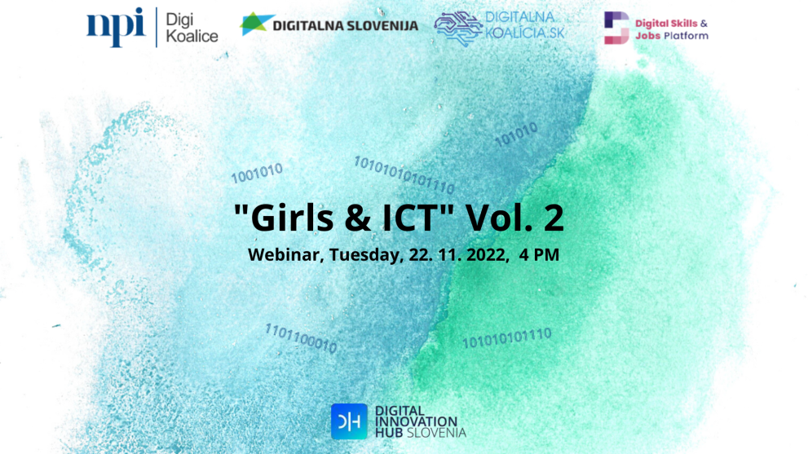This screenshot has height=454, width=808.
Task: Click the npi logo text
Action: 115,27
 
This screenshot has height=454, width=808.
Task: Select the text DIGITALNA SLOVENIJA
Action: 346,25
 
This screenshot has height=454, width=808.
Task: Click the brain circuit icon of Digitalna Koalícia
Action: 457,28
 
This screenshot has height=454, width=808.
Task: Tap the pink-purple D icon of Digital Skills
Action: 616,28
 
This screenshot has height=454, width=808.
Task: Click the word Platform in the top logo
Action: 685,36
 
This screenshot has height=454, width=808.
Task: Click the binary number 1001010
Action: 257,173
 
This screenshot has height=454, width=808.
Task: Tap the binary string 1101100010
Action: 300,338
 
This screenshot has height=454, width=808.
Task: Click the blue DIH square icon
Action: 348,421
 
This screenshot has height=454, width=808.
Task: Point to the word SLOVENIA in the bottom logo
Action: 438,431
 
